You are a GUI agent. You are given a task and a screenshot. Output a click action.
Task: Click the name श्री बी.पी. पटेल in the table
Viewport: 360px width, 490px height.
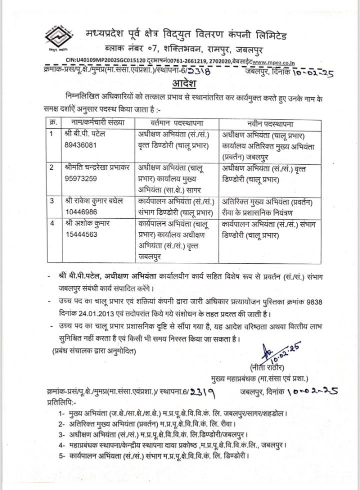coord(86,134)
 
